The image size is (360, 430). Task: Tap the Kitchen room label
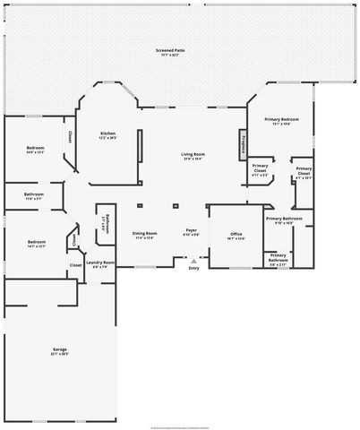coord(108,133)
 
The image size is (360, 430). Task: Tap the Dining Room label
coord(145,232)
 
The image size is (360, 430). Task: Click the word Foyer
coord(191,230)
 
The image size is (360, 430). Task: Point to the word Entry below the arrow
coord(194,268)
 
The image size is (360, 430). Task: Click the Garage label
coord(59,348)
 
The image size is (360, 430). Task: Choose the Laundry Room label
coord(100,262)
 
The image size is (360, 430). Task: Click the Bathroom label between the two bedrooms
coord(35,193)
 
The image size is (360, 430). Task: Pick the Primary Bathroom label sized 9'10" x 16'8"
coord(284,219)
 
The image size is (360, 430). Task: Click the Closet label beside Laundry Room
coord(76,264)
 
